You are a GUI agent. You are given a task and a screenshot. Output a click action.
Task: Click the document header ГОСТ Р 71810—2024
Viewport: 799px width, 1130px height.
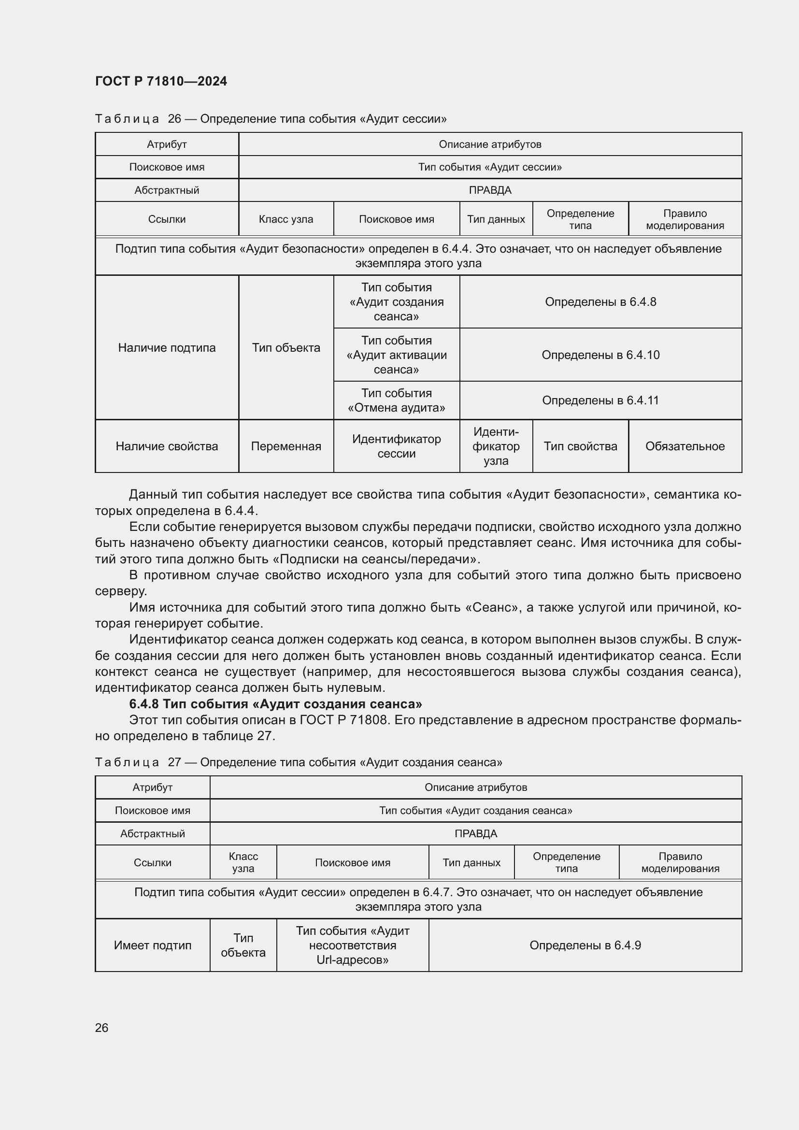point(161,81)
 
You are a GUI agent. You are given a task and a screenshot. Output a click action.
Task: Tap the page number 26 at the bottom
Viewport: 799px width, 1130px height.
point(101,1028)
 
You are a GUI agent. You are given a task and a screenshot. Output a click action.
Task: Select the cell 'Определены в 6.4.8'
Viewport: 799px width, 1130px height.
point(600,301)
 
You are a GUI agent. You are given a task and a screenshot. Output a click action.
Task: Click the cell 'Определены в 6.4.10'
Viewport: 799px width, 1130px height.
point(600,355)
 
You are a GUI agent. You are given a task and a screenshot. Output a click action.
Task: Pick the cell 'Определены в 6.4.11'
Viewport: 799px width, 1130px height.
point(600,400)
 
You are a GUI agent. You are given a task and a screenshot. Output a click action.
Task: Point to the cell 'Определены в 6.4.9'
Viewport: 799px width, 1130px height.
point(585,945)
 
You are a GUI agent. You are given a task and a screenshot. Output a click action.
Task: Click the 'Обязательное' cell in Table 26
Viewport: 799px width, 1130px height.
point(685,446)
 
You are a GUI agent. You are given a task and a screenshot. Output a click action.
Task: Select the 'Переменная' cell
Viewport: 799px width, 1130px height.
point(286,446)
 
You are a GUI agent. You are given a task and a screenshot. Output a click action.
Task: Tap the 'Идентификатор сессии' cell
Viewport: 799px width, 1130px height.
point(397,446)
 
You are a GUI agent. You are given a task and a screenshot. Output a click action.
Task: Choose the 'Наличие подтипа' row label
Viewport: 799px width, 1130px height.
point(167,347)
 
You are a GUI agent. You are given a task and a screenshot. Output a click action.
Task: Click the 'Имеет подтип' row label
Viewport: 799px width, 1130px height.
point(153,945)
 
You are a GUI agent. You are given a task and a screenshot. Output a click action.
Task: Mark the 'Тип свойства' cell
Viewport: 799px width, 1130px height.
point(580,446)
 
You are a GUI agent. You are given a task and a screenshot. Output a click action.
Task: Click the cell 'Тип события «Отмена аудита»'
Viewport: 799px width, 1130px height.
point(397,400)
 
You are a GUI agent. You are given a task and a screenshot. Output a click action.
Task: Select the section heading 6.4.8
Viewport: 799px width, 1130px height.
point(275,704)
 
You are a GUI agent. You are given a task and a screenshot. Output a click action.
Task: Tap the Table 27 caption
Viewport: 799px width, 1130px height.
point(299,762)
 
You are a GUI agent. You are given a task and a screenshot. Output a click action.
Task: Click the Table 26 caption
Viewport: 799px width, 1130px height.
point(271,119)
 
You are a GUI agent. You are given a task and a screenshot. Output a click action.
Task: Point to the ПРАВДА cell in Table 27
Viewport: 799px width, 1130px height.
point(476,833)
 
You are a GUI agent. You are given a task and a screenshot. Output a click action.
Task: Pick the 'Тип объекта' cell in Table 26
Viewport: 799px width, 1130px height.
point(286,347)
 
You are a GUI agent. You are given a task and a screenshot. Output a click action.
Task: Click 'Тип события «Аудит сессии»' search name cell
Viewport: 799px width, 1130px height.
point(490,167)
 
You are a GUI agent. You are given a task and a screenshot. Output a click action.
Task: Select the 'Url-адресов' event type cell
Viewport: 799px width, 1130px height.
point(352,945)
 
